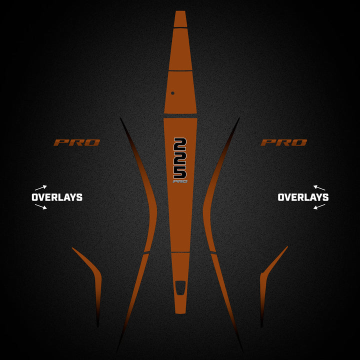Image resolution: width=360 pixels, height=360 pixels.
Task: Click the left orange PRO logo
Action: coord(76,142)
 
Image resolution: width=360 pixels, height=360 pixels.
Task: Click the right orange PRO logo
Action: coord(284,142)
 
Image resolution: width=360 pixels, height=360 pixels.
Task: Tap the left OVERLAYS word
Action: coord(57,197)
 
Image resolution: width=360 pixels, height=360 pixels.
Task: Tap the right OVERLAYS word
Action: coord(303,197)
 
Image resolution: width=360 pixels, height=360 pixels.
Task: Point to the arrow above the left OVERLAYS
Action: coord(41,188)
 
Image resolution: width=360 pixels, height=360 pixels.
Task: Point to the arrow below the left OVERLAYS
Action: coord(41,206)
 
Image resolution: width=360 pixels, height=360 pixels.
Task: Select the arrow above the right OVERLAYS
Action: coord(319,188)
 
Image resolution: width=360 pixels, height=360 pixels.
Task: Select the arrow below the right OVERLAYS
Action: coord(319,206)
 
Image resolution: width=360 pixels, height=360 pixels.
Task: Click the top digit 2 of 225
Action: coord(180,144)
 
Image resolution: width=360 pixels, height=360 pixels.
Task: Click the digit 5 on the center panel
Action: coord(180,172)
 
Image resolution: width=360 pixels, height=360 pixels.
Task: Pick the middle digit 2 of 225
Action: coord(180,158)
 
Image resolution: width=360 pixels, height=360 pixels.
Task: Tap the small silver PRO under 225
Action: coord(180,181)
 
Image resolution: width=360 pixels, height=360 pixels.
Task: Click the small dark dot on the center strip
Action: coord(172,93)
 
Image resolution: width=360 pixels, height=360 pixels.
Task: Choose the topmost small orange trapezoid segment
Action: coord(180,19)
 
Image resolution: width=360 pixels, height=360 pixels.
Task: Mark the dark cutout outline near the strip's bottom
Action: coord(180,288)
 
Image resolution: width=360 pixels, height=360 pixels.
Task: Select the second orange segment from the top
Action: coord(180,49)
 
